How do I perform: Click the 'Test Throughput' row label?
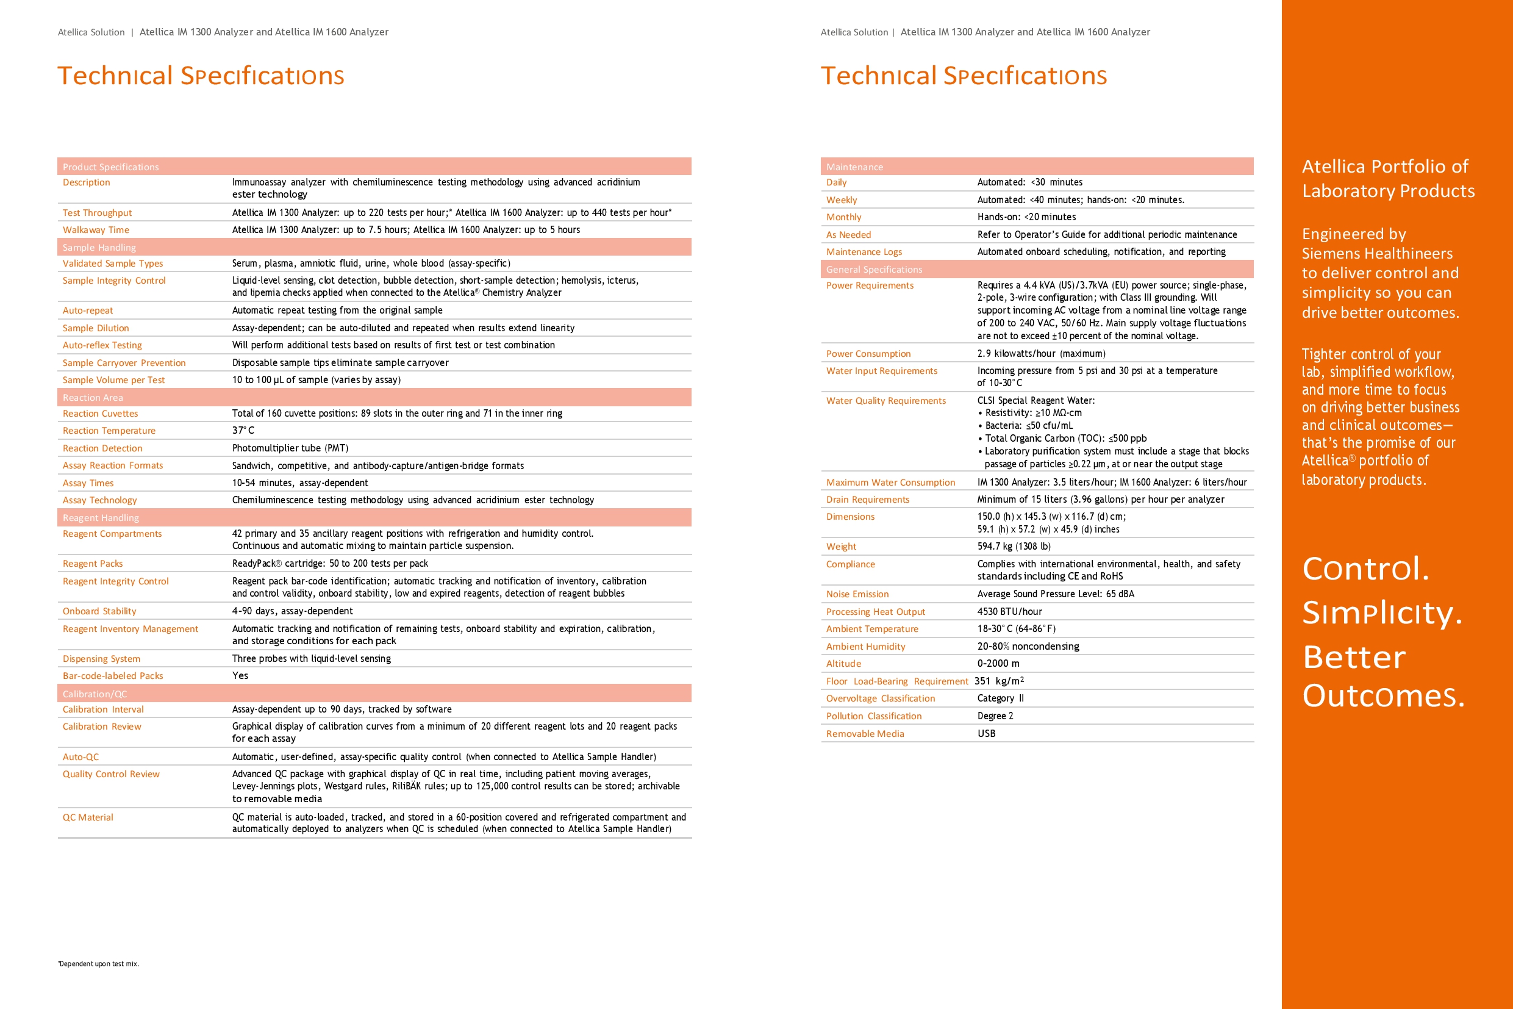coord(97,213)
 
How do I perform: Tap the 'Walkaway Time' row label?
coord(96,231)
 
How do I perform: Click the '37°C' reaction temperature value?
coord(243,431)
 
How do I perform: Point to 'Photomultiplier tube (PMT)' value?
coord(290,448)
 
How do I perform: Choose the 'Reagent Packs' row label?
coord(93,564)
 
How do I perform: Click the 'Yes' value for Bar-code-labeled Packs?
coord(240,676)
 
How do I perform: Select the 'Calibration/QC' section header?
coord(95,694)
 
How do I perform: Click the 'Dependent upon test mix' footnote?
coord(98,964)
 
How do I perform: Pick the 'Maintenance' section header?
coord(854,167)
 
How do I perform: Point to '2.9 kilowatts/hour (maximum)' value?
coord(1041,354)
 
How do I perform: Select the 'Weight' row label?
coord(841,547)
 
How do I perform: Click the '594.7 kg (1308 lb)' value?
coord(1014,547)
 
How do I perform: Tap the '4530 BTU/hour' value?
coord(1009,612)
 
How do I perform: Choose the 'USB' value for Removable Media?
coord(986,734)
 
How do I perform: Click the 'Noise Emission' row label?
coord(857,595)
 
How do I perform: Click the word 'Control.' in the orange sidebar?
coord(1365,569)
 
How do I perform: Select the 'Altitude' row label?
coord(843,664)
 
